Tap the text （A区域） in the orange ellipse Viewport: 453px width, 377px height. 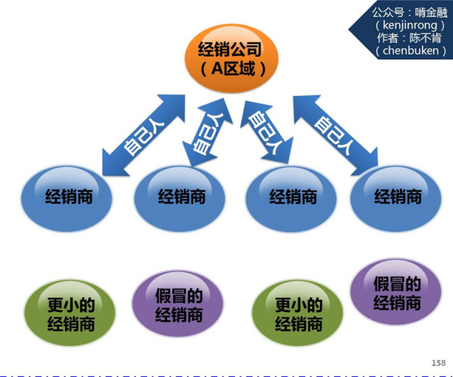(231, 69)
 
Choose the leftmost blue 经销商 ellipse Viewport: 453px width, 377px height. (67, 196)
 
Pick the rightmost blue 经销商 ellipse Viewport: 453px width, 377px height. (397, 196)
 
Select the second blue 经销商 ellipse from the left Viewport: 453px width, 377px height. (181, 196)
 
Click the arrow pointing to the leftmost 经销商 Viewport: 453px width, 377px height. (142, 134)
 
